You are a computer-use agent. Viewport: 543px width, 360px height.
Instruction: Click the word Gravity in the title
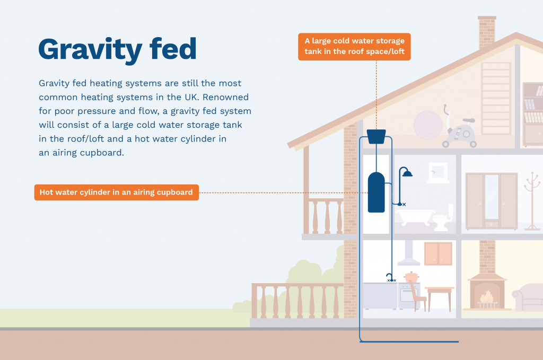pyautogui.click(x=90, y=50)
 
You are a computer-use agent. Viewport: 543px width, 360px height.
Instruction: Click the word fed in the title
pyautogui.click(x=173, y=49)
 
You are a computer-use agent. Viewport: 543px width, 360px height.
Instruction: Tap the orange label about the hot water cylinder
pyautogui.click(x=116, y=192)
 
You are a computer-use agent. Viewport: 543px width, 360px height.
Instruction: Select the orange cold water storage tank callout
pyautogui.click(x=354, y=47)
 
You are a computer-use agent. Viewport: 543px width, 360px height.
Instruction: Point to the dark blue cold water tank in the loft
pyautogui.click(x=376, y=136)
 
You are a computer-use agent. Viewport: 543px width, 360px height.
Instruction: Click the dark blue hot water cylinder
pyautogui.click(x=376, y=192)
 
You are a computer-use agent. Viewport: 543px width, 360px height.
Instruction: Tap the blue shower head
pyautogui.click(x=407, y=173)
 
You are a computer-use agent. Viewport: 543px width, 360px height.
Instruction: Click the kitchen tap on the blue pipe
pyautogui.click(x=390, y=277)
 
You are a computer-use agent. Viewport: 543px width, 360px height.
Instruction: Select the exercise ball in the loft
pyautogui.click(x=428, y=125)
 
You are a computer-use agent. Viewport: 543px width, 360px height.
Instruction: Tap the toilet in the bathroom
pyautogui.click(x=443, y=218)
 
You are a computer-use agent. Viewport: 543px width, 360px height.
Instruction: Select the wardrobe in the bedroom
pyautogui.click(x=492, y=201)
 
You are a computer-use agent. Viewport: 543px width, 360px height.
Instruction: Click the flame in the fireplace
pyautogui.click(x=487, y=296)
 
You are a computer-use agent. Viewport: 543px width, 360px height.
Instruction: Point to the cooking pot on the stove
pyautogui.click(x=411, y=277)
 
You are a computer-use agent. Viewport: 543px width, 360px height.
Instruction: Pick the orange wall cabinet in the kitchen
pyautogui.click(x=439, y=254)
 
